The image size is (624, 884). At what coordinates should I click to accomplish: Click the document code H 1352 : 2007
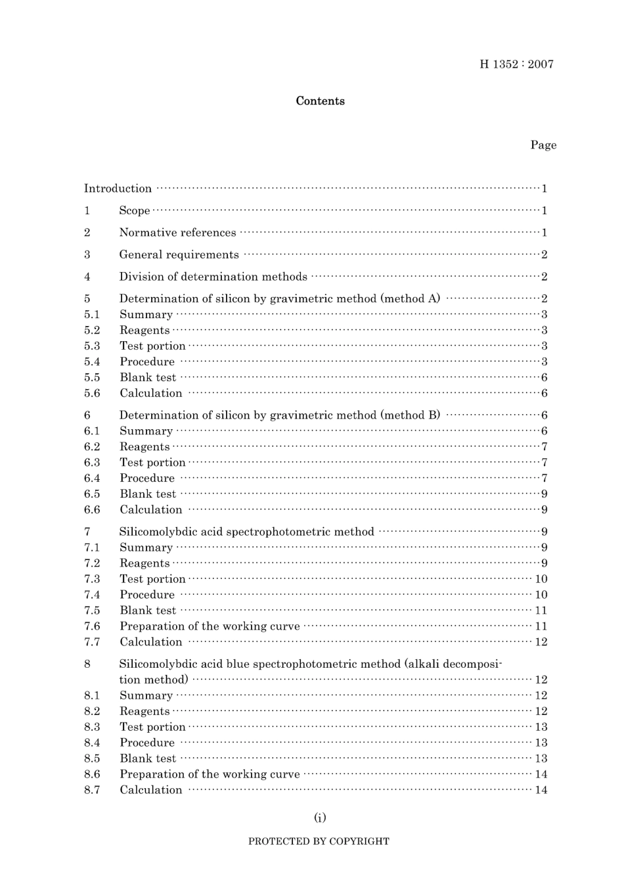[516, 64]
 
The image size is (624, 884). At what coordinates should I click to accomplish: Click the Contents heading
[320, 101]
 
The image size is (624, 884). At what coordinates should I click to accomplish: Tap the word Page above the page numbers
[543, 145]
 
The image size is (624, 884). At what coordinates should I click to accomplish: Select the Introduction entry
[118, 189]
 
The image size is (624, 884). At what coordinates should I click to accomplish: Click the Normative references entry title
[177, 233]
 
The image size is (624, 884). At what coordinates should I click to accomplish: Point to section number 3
[87, 255]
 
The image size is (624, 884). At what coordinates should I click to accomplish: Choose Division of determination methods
[213, 277]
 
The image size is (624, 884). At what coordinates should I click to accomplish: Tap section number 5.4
[92, 362]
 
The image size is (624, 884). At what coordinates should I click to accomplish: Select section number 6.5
[92, 494]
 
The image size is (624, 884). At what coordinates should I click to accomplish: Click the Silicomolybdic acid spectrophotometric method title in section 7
[246, 532]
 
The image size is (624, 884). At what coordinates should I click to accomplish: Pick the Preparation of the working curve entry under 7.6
[210, 626]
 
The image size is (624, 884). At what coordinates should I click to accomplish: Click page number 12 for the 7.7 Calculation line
[541, 642]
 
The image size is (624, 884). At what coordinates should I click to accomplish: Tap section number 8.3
[92, 727]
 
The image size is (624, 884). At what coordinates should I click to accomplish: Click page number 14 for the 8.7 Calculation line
[541, 790]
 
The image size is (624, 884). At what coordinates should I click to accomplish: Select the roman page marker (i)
[320, 818]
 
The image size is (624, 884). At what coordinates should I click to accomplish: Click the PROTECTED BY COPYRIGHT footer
[319, 841]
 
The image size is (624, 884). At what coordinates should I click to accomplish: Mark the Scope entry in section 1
[135, 211]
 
